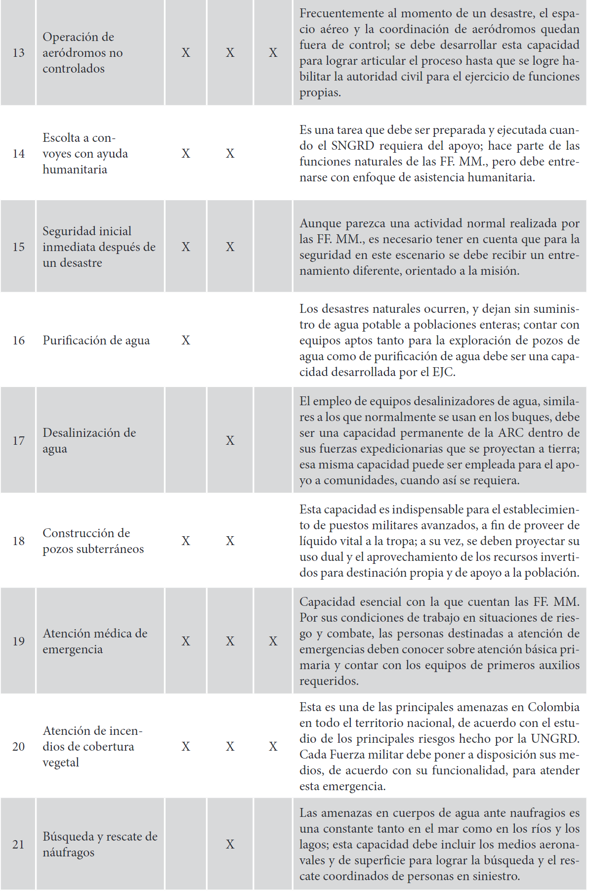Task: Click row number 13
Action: click(x=18, y=53)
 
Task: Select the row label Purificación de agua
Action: click(x=96, y=340)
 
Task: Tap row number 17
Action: click(x=18, y=441)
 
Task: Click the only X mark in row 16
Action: click(x=186, y=340)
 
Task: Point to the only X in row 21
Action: click(x=230, y=845)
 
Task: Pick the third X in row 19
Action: click(x=273, y=641)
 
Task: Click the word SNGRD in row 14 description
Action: click(x=352, y=146)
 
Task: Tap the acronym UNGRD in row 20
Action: click(x=555, y=739)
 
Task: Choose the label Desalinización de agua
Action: click(x=89, y=441)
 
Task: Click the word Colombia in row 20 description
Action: click(x=553, y=707)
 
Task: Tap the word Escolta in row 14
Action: click(x=61, y=138)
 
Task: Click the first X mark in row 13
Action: click(x=186, y=53)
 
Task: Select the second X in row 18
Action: click(x=230, y=541)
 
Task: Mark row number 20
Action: click(x=18, y=747)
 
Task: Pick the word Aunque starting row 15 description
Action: click(x=319, y=223)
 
